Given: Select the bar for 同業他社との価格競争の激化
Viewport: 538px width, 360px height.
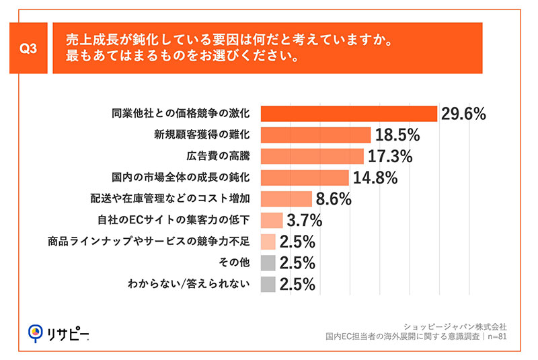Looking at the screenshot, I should pos(349,114).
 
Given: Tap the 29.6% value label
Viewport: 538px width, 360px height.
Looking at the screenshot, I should pos(463,114).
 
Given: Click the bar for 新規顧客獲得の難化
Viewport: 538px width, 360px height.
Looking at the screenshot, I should pos(315,135).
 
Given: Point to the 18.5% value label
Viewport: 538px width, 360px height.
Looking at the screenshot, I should pos(397,135).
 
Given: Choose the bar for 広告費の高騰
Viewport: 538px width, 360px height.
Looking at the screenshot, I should pos(312,156).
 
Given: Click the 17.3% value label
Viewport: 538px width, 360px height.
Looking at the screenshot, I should pos(391,157).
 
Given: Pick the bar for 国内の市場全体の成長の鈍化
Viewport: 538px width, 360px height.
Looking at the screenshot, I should pos(305,178).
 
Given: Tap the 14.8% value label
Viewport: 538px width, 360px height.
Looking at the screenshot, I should pos(375,178).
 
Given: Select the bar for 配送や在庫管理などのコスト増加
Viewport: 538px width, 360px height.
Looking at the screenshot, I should pos(286,199).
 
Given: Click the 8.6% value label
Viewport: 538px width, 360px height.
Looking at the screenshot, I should pos(333,200).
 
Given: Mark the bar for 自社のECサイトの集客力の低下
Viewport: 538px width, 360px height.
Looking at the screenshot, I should pos(272,220).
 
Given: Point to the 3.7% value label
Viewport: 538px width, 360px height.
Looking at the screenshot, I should pos(304,221).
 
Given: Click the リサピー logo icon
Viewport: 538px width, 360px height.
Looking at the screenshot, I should pos(36,332).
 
